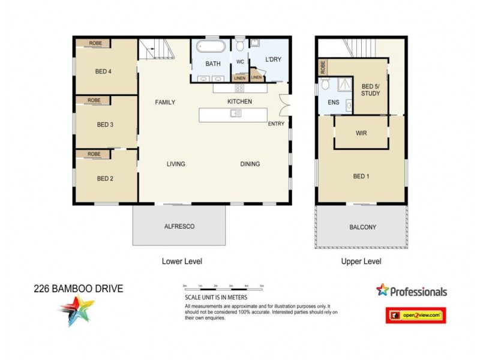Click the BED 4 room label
(x=104, y=71)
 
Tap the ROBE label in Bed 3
(x=94, y=100)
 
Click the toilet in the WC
(x=240, y=45)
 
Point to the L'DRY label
(x=273, y=59)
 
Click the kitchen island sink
(x=235, y=113)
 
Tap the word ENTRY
(x=277, y=124)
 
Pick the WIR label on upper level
(x=361, y=133)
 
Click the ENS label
(x=334, y=103)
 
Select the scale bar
(x=223, y=288)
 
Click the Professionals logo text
(x=418, y=292)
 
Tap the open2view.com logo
(x=415, y=315)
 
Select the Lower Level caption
(x=182, y=261)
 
